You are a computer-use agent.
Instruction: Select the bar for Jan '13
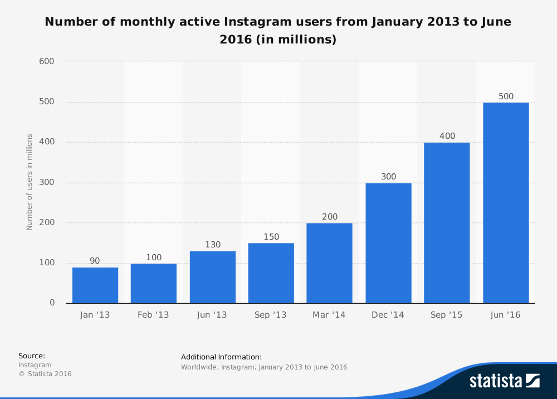pos(95,285)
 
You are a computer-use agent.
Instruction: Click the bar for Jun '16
pos(506,203)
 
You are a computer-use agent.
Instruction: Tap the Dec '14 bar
pos(388,243)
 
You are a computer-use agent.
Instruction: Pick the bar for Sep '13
pos(271,273)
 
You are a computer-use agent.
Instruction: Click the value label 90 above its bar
pos(95,261)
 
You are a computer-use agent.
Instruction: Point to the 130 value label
pos(213,245)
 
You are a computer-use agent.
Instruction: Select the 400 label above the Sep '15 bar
pos(447,136)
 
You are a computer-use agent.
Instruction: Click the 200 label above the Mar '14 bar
pos(330,217)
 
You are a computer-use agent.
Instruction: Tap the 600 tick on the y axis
pos(46,61)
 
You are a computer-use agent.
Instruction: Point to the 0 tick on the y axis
pos(52,303)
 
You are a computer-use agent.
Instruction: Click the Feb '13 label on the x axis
pos(153,315)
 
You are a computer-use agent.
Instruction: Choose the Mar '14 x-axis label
pos(329,315)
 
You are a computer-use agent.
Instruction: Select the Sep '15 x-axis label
pos(447,315)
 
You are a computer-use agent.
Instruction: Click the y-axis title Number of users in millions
pos(30,182)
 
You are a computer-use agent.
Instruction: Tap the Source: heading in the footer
pos(32,356)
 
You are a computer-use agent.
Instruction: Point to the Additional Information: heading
pos(221,357)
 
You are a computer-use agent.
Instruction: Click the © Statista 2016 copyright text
pos(45,374)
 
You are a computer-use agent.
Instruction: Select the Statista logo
pos(504,381)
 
